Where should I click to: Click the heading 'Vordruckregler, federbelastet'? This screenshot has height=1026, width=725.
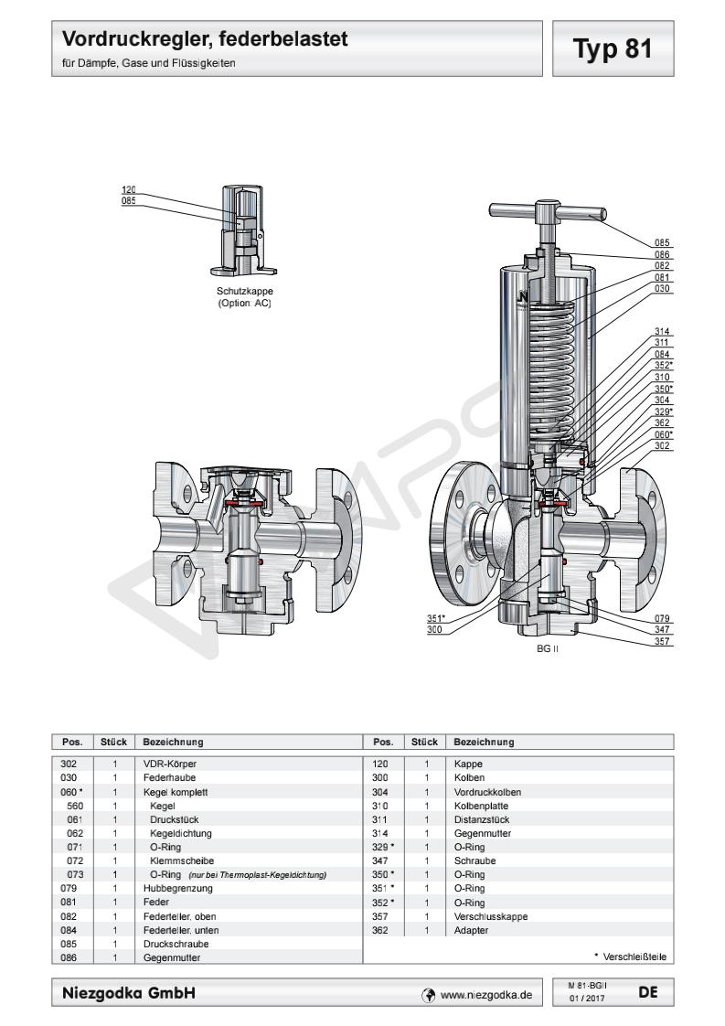click(x=206, y=40)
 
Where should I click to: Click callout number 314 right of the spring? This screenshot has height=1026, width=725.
click(x=663, y=332)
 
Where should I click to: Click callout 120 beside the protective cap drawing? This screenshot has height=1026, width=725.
click(x=129, y=190)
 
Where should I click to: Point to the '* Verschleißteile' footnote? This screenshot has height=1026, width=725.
click(x=630, y=957)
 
